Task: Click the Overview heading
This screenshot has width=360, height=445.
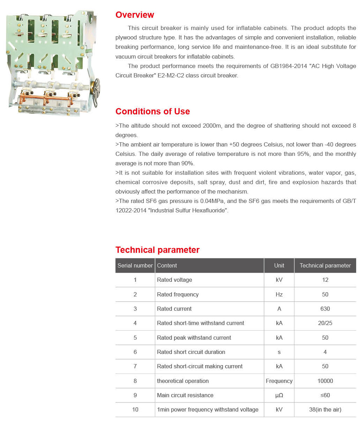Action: [x=135, y=15]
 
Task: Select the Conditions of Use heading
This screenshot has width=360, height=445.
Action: [x=152, y=112]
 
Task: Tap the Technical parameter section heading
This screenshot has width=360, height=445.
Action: [x=157, y=250]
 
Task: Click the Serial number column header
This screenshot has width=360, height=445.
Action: [x=135, y=266]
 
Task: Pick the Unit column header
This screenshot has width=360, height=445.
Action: [x=279, y=266]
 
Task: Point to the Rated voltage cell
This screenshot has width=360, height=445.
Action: [x=174, y=280]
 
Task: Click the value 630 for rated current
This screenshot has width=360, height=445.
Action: [x=325, y=309]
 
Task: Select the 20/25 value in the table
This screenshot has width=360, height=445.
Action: [x=325, y=323]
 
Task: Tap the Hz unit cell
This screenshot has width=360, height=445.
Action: [x=279, y=295]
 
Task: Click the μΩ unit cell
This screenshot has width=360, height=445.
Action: [x=279, y=395]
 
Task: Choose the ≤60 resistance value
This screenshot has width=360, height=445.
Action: [x=325, y=395]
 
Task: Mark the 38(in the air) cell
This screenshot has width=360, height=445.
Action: [x=325, y=410]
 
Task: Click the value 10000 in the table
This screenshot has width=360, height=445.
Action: [x=325, y=381]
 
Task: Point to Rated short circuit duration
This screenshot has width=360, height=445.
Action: [x=191, y=352]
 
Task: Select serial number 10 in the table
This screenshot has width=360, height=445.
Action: [x=135, y=410]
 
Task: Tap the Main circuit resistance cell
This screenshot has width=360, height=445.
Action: [x=185, y=395]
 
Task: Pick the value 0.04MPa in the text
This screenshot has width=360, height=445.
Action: [x=213, y=201]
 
